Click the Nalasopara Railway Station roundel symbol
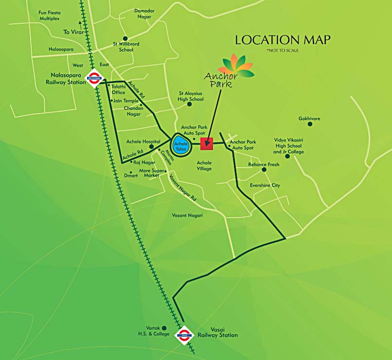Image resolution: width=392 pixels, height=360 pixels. coord(93,77)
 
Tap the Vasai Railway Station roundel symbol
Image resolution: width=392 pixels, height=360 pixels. coord(184,334)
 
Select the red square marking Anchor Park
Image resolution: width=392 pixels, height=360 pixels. coord(207,143)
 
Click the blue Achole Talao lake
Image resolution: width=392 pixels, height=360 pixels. coord(180,144)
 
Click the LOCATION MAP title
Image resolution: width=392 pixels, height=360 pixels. coord(283,40)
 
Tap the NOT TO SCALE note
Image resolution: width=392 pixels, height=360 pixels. coord(283,51)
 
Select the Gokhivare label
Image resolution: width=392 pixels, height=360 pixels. coord(309,119)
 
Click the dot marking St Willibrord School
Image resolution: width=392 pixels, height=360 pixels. coord(125,38)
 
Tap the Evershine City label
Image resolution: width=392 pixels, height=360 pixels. coord(265,186)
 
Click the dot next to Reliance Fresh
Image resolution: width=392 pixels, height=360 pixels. coord(264,170)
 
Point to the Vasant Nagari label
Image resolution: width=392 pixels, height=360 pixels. coord(187,215)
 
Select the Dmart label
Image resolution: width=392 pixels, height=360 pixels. coord(131,175)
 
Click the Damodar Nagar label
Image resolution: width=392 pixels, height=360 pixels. coord(144,14)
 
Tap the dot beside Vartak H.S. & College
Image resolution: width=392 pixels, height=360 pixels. coord(164,328)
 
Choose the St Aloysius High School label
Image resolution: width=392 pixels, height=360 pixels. coord(191,96)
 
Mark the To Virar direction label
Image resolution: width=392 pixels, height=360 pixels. coord(73,32)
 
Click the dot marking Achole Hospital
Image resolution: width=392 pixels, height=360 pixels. coord(151,146)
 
